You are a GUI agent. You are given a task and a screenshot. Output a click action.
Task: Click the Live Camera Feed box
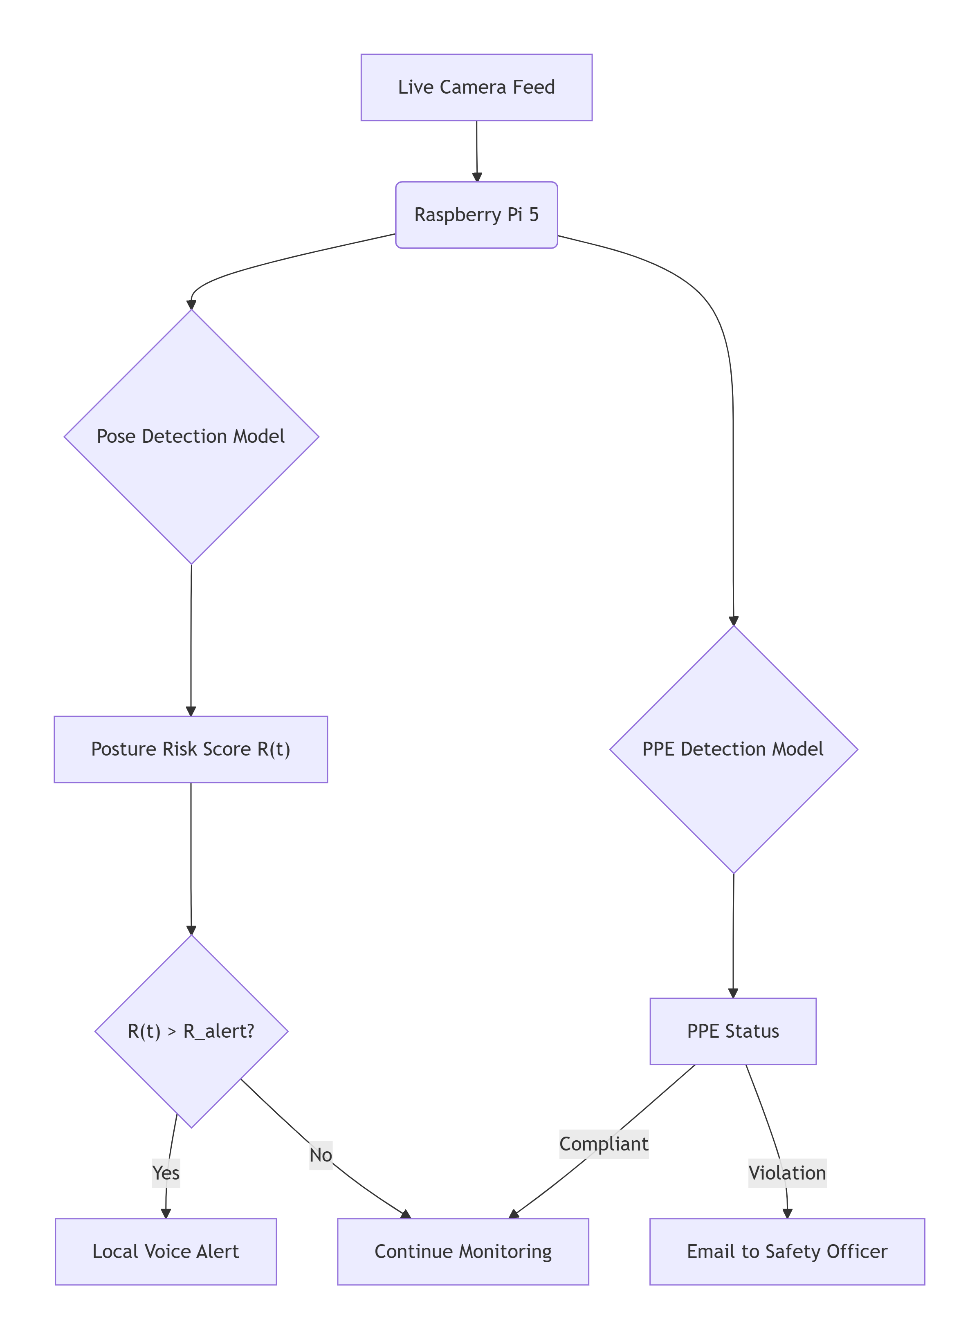tap(476, 87)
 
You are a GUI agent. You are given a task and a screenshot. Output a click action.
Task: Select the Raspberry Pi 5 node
tap(476, 215)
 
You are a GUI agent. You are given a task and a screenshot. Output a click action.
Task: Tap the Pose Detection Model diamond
tap(191, 437)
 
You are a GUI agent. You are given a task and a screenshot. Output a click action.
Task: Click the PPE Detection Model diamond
tap(733, 749)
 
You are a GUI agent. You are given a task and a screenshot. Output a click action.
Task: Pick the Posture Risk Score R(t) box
tap(191, 749)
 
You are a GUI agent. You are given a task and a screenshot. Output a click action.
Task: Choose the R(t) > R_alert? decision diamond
tap(191, 1031)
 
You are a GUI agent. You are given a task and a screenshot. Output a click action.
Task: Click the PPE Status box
tap(733, 1031)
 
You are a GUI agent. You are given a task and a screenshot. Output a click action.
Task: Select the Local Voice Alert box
tap(166, 1252)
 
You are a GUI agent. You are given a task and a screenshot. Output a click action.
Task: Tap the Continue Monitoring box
tap(463, 1252)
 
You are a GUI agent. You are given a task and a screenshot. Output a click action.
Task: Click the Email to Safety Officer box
tap(787, 1252)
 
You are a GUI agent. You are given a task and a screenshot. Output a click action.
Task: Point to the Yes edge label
tap(166, 1173)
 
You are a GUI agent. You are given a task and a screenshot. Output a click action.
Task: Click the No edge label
tap(321, 1155)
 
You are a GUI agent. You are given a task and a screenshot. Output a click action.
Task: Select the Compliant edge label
tap(604, 1144)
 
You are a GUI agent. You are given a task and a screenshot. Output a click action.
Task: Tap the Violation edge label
tap(787, 1173)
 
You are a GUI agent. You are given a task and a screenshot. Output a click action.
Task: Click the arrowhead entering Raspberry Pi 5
tap(477, 177)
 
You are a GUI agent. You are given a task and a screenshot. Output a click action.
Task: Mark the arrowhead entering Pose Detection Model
tap(191, 305)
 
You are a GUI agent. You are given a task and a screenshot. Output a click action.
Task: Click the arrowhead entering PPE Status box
tap(733, 993)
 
